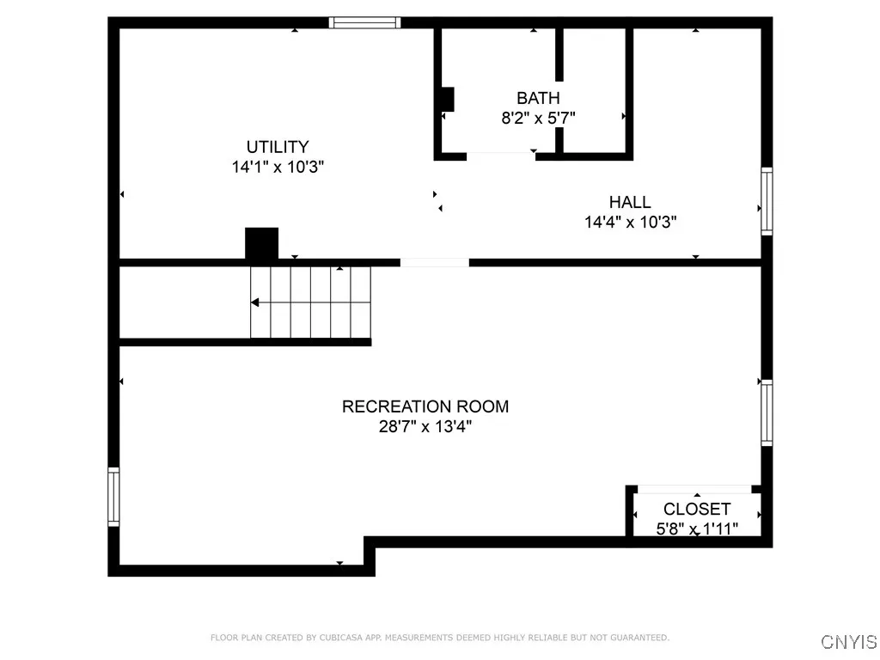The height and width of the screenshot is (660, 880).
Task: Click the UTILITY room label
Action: [x=277, y=147]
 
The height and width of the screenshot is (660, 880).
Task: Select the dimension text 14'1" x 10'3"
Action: [x=277, y=168]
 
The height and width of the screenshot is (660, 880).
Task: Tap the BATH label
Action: [x=538, y=98]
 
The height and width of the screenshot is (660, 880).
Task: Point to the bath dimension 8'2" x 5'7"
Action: [x=538, y=119]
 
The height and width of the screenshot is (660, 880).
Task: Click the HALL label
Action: [x=630, y=202]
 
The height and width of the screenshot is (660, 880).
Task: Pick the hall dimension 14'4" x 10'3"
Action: [x=630, y=223]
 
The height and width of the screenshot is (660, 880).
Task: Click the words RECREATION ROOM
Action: [x=425, y=406]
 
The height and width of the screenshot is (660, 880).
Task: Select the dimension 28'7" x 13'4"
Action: [x=425, y=427]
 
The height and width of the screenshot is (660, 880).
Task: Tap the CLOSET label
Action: [x=697, y=510]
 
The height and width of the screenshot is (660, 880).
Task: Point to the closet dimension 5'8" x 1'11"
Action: [x=697, y=529]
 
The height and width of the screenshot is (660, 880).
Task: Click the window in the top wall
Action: [x=366, y=23]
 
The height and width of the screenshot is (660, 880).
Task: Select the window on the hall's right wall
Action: [x=767, y=202]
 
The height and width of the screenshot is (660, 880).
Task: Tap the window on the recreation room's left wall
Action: [x=113, y=497]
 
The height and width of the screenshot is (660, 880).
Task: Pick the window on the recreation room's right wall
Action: [x=767, y=412]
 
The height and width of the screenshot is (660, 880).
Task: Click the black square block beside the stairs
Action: [x=262, y=243]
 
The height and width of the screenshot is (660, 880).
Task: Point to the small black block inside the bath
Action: [x=447, y=100]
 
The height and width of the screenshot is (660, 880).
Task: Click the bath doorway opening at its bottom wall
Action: [x=500, y=156]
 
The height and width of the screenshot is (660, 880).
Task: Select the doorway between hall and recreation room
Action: [x=435, y=262]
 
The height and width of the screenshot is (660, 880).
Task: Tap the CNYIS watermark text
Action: [x=849, y=642]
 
